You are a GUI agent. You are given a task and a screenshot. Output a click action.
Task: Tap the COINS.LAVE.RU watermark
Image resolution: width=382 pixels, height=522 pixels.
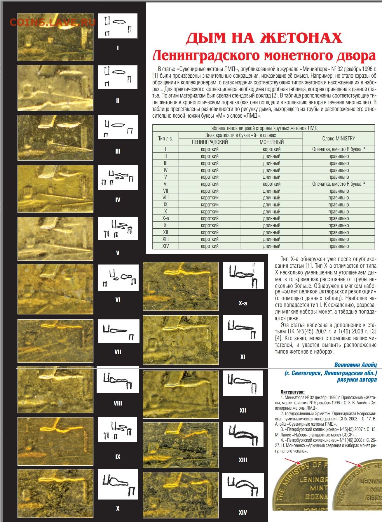(53, 22)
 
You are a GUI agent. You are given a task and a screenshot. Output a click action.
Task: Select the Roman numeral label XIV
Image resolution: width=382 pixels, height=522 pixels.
(243, 512)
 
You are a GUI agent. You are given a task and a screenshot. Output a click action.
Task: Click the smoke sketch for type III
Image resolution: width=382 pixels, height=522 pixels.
(118, 127)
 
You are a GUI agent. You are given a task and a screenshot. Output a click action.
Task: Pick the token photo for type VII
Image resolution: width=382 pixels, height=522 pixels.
(55, 341)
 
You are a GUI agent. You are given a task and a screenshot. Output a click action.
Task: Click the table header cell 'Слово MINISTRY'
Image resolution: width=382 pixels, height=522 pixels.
(339, 138)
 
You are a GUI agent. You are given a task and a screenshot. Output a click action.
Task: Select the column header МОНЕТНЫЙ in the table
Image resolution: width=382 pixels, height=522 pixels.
(271, 142)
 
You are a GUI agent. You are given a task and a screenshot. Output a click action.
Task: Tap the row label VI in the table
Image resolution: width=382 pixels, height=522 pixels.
(165, 184)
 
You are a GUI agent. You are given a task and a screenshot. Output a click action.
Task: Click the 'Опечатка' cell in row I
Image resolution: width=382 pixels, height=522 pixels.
(339, 149)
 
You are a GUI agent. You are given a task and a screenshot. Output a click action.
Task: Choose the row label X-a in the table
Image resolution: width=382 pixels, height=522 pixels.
(165, 219)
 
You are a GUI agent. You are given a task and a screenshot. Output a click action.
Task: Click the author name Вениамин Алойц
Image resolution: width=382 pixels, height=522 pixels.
(355, 365)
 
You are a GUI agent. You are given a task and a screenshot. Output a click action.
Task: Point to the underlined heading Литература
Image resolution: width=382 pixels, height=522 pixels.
(292, 392)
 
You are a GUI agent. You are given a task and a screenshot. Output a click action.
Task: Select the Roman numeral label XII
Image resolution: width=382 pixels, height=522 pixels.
(243, 410)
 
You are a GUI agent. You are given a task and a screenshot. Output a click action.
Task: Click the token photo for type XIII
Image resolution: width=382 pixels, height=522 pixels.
(180, 445)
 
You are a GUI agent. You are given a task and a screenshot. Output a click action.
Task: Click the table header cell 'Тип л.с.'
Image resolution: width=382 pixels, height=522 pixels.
(165, 139)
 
